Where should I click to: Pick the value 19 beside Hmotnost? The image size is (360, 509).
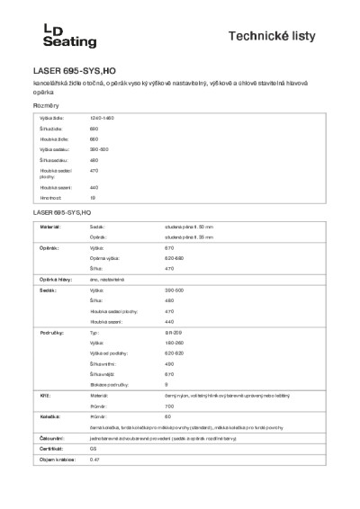click(93, 196)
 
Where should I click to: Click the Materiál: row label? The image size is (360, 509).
click(49, 228)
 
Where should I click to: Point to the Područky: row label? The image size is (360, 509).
click(50, 332)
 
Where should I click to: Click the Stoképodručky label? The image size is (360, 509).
click(108, 383)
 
